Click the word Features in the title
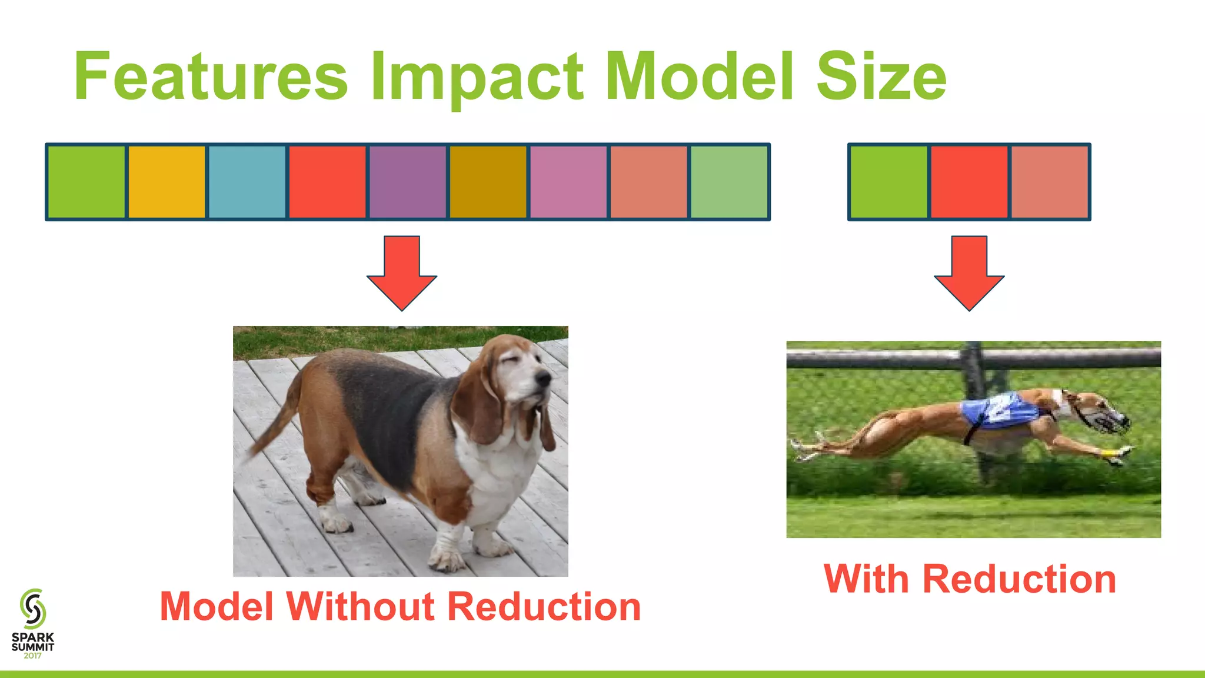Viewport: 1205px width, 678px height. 211,77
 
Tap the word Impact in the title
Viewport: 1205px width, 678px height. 477,77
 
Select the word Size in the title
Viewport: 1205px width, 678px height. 881,77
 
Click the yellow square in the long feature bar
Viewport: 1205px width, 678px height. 167,182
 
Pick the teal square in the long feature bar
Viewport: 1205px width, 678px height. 247,182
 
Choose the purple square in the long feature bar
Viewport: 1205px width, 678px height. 408,182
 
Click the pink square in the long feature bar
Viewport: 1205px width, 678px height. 568,182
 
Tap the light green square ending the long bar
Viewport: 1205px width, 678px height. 729,182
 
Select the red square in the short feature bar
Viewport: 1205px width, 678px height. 969,182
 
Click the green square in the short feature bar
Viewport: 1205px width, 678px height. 888,182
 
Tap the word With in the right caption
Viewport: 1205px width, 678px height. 866,579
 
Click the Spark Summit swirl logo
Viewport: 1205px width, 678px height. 33,609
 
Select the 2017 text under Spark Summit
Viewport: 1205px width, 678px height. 33,656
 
